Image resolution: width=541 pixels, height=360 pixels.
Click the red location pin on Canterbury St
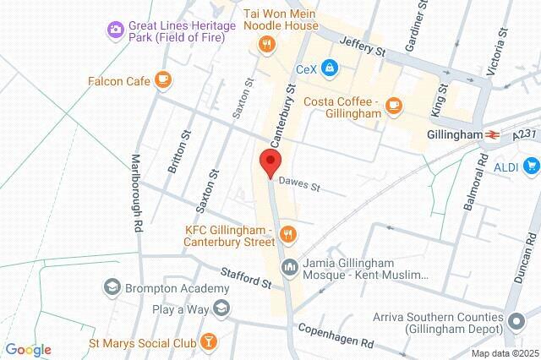[270, 162]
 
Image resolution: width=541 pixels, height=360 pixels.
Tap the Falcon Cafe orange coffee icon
[163, 80]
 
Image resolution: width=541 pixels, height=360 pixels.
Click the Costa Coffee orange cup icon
[392, 105]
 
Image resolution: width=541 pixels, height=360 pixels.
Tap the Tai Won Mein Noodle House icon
[267, 44]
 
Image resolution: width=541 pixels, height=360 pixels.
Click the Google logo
[28, 349]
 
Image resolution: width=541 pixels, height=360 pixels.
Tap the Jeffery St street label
[361, 46]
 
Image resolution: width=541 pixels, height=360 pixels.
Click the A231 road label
[523, 134]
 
